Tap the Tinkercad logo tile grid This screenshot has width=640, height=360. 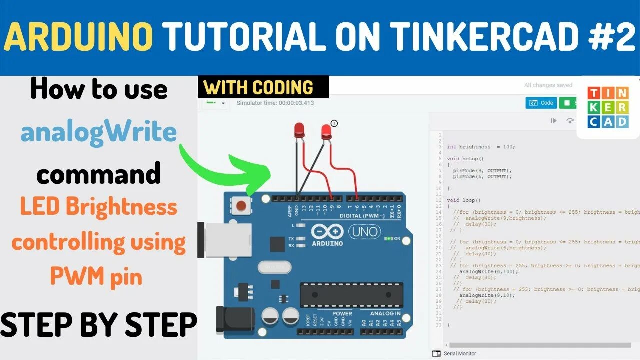coord(608,107)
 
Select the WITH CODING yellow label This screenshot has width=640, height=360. coord(258,87)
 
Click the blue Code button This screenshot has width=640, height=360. coord(541,103)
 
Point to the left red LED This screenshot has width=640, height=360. coord(299,131)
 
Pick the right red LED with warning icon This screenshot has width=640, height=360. coord(326,132)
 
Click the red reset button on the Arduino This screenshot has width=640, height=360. coord(242,205)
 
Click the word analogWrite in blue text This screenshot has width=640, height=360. coord(98,132)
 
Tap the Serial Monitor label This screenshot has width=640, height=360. coord(460,353)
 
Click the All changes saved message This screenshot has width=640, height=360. coord(548,85)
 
